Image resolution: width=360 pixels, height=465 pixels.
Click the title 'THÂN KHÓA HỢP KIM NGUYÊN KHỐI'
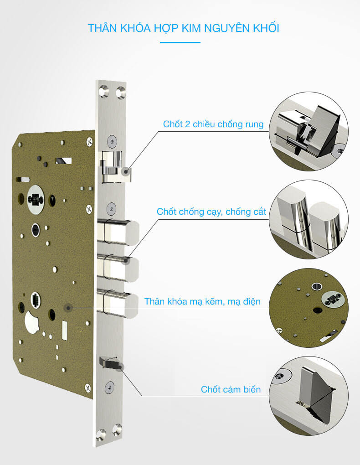click(183, 28)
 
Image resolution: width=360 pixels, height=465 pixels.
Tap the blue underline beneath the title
click(180, 42)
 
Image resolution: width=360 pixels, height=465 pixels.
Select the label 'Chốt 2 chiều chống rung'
click(213, 124)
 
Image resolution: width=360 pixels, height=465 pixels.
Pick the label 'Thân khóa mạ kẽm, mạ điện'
click(202, 301)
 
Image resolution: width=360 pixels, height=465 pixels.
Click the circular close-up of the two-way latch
click(308, 131)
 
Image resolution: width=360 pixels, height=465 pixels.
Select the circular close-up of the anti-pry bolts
click(308, 220)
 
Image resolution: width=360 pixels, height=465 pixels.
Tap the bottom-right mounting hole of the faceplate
click(118, 431)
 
